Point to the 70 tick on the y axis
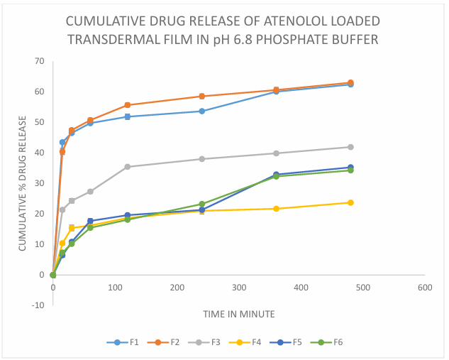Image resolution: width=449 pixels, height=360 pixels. click(39, 61)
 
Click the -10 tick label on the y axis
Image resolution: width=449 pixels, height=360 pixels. click(37, 305)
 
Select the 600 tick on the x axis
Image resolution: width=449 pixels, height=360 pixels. click(425, 288)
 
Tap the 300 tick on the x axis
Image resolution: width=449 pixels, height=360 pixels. click(239, 288)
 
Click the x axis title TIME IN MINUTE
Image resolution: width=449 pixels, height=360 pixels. click(238, 313)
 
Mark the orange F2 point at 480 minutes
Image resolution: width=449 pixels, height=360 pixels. click(350, 83)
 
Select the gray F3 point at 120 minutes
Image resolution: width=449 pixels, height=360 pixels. click(127, 167)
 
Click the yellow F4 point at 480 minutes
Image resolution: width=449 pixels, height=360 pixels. click(350, 202)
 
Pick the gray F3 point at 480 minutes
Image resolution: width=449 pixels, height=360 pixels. click(350, 147)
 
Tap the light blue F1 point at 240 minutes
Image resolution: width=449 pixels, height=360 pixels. click(201, 111)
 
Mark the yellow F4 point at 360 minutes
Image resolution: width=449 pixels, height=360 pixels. click(276, 209)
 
